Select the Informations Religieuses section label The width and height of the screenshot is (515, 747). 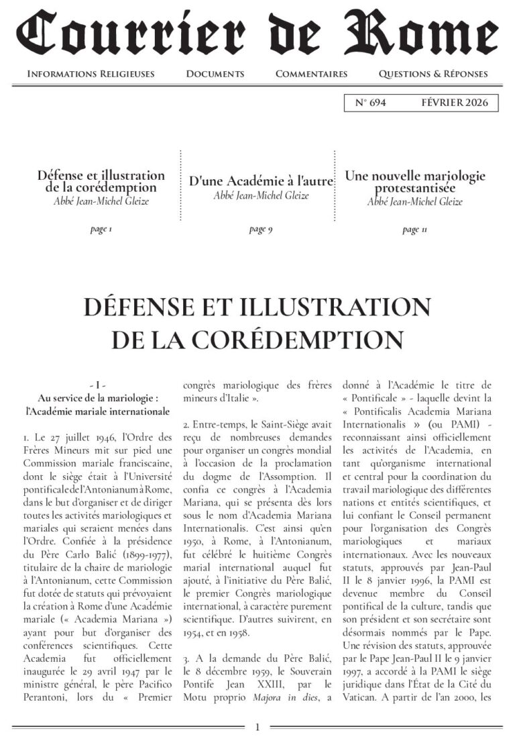click(91, 74)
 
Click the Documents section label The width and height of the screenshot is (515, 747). click(215, 74)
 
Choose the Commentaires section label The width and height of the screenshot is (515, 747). click(311, 74)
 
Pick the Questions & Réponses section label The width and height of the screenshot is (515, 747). click(433, 74)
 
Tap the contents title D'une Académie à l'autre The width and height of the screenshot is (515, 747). click(261, 181)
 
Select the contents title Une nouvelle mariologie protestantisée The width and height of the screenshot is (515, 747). click(415, 182)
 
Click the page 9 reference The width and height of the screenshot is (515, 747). click(260, 230)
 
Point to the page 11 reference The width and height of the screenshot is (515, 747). click(414, 230)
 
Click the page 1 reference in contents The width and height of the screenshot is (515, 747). click(101, 230)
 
